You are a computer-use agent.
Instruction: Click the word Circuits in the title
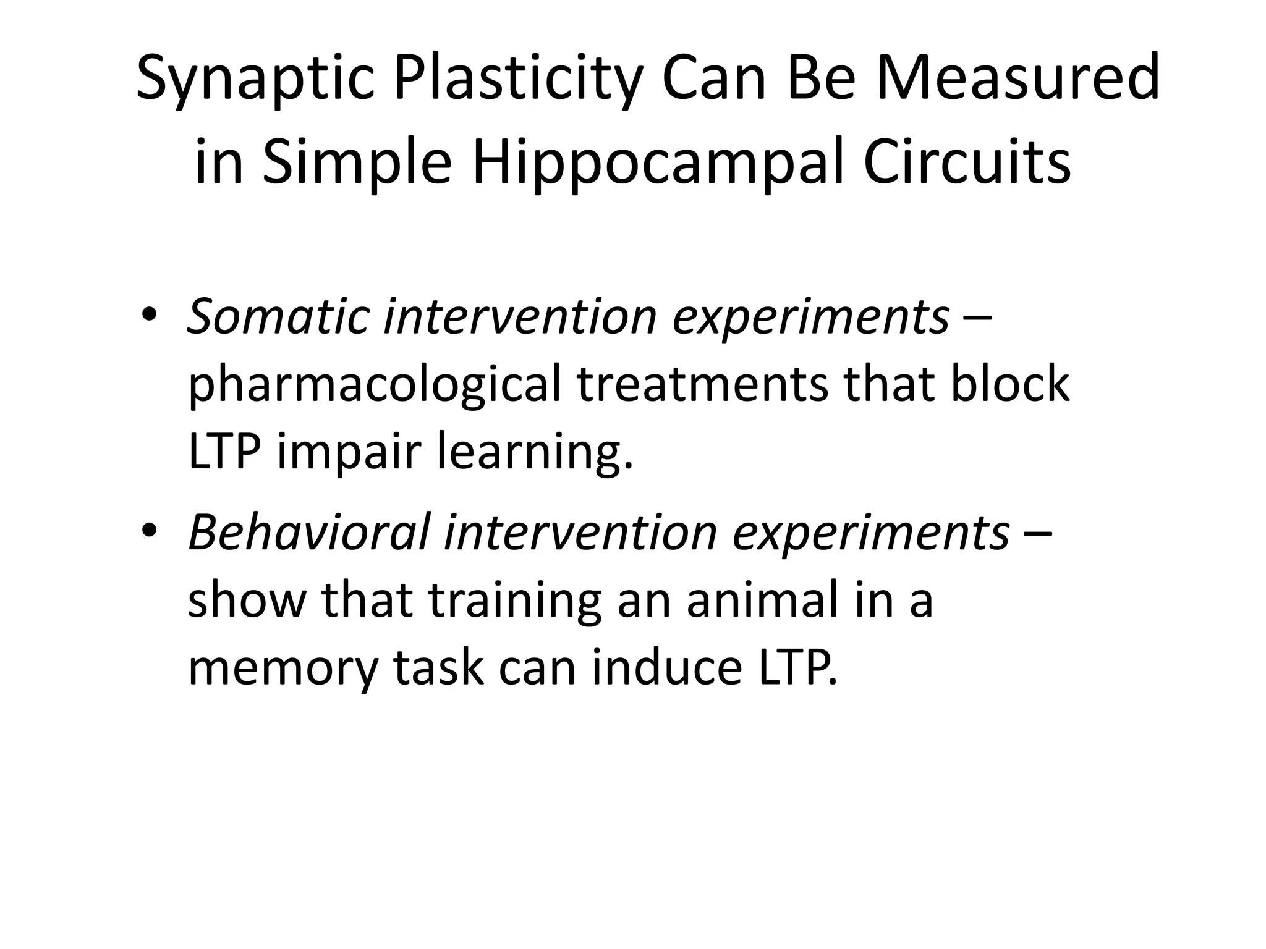[967, 162]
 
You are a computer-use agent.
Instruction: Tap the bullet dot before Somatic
[150, 316]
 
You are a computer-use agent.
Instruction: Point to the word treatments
[702, 384]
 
